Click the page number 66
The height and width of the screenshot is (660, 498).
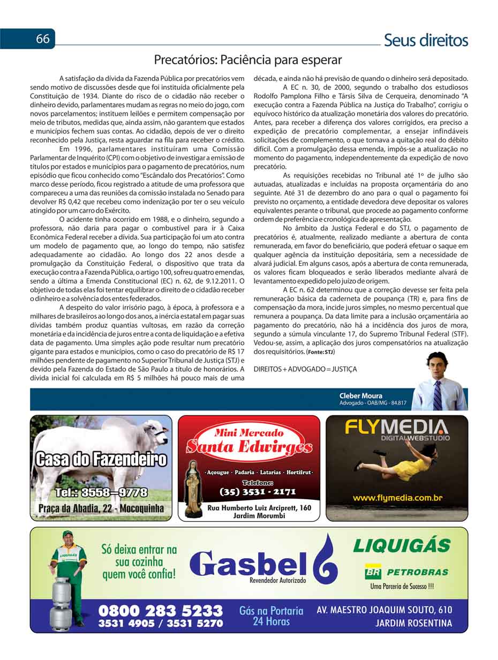click(43, 39)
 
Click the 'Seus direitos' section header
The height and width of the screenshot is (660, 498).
click(426, 40)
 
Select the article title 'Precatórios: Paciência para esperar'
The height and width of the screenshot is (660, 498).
click(248, 60)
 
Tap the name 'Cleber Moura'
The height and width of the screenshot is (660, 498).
click(361, 396)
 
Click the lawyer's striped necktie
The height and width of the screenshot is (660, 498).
click(437, 395)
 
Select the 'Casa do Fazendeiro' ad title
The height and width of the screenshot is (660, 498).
click(101, 460)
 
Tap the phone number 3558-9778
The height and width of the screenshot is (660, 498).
click(101, 492)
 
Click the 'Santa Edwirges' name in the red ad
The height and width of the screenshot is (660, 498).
click(249, 447)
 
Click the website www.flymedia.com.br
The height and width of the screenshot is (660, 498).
click(397, 498)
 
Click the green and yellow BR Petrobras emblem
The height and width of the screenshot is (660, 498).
click(373, 571)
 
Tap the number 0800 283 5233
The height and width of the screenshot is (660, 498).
click(160, 611)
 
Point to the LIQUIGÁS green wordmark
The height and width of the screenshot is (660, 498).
click(402, 546)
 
